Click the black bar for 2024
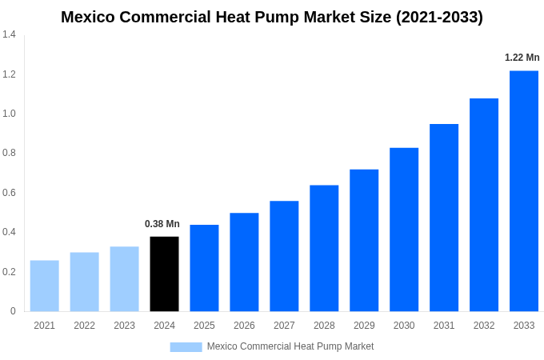tap(164, 274)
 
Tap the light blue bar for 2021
tap(44, 286)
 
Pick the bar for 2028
tap(324, 248)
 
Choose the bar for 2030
tap(404, 230)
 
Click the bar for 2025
tap(204, 268)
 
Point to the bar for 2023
tap(124, 278)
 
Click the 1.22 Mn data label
tap(522, 58)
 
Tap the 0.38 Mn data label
tap(162, 224)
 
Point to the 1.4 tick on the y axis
tap(9, 34)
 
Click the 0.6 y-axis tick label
tap(9, 193)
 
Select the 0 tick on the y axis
tap(13, 311)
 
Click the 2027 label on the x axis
tap(284, 326)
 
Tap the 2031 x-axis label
tap(444, 326)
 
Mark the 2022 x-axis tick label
tap(84, 326)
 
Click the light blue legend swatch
tap(186, 346)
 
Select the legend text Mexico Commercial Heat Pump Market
tap(290, 346)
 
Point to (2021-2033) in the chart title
tap(439, 17)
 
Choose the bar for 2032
tap(484, 205)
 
